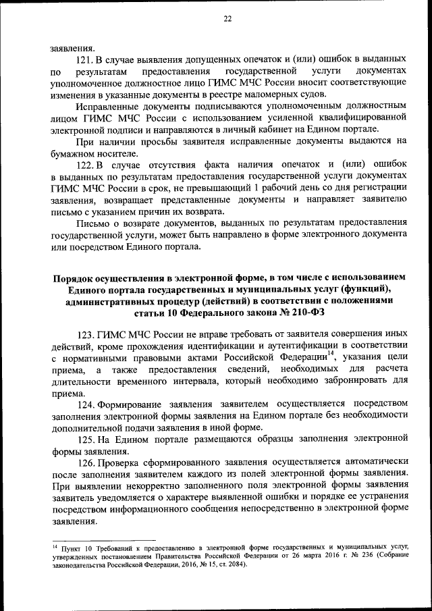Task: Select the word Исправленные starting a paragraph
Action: point(107,107)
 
